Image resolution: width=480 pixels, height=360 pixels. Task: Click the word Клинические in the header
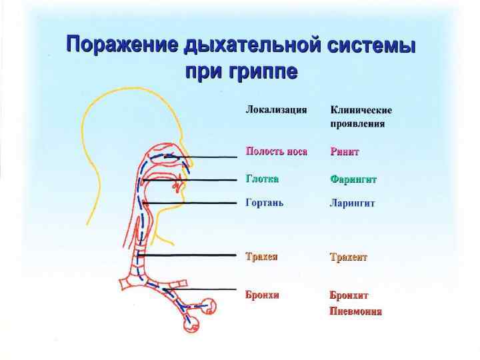[361, 110]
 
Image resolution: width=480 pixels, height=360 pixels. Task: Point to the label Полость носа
[276, 151]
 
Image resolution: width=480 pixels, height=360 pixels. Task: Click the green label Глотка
[262, 179]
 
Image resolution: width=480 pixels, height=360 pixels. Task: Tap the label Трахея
[261, 256]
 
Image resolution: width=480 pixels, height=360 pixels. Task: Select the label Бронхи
[262, 295]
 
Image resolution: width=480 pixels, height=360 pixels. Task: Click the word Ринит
[345, 152]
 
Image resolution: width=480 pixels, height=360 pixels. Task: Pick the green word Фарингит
[353, 179]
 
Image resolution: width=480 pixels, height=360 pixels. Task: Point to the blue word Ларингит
[352, 203]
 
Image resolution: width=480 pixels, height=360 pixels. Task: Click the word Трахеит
[349, 257]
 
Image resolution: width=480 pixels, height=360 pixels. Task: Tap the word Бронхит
[349, 295]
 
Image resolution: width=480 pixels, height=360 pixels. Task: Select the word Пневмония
[356, 311]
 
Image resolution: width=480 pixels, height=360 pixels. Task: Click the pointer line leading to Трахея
[193, 255]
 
